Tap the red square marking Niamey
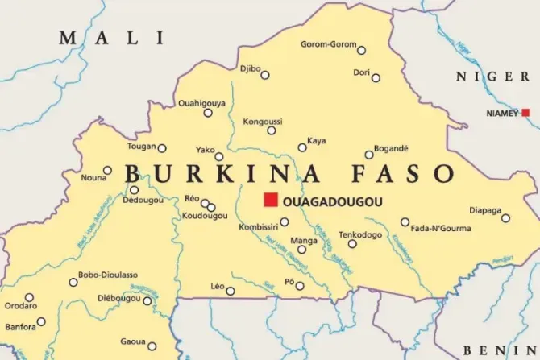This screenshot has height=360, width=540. click(x=525, y=113)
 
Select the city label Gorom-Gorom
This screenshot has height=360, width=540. click(x=327, y=44)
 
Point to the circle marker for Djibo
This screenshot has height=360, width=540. click(x=265, y=75)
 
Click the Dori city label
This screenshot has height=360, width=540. click(x=361, y=72)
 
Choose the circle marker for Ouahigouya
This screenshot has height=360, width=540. click(x=208, y=113)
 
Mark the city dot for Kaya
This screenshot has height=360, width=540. click(x=302, y=147)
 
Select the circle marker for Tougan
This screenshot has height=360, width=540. click(x=162, y=148)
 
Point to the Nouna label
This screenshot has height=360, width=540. click(x=94, y=177)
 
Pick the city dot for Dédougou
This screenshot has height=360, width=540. click(x=134, y=190)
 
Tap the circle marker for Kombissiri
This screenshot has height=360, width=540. click(x=285, y=222)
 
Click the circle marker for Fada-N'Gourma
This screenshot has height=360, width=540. click(x=405, y=222)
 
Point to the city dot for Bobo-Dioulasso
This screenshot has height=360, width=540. click(x=73, y=282)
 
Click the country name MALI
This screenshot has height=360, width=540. click(x=110, y=38)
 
